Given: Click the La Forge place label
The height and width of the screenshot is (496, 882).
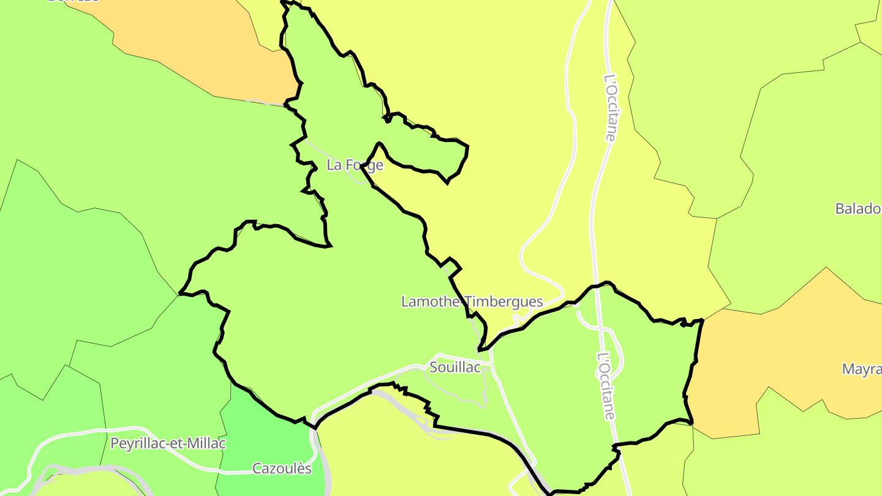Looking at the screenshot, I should (355, 165).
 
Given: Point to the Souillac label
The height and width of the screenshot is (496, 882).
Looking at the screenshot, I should (455, 367).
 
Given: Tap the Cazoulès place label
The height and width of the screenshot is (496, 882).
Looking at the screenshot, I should (282, 469).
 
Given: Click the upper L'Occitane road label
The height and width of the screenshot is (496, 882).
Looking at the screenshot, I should (611, 108).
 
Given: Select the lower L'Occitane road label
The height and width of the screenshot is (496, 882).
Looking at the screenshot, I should (606, 386).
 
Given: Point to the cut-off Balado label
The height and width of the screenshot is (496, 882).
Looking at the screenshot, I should (858, 209).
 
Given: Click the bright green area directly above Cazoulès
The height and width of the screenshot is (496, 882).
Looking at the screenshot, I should (263, 429).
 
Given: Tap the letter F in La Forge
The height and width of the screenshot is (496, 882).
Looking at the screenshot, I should (349, 165).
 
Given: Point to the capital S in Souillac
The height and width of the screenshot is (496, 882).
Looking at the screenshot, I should (434, 367).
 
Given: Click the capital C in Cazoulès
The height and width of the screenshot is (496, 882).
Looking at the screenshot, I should (257, 469).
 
